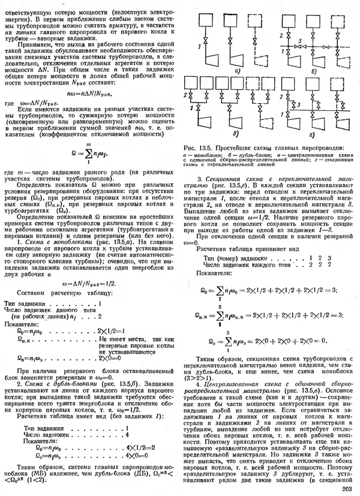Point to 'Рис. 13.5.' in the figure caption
(x=197, y=147)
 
